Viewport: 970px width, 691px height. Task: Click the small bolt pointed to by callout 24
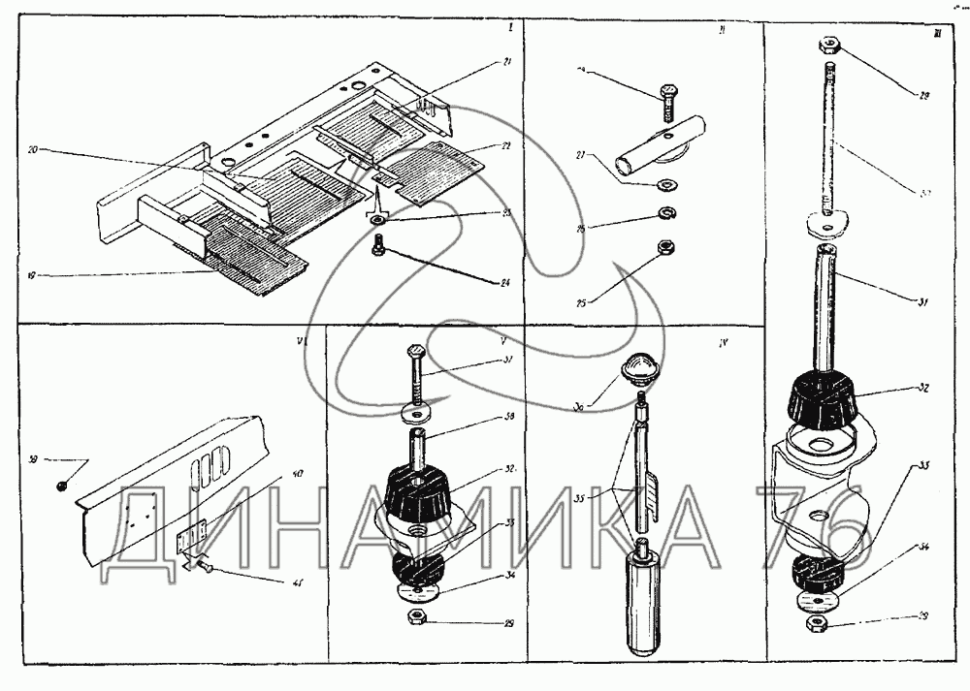378,250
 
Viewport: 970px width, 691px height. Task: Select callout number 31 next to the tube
921,302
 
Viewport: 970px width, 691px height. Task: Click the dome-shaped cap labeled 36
635,368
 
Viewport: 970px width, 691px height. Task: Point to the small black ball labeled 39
60,484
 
